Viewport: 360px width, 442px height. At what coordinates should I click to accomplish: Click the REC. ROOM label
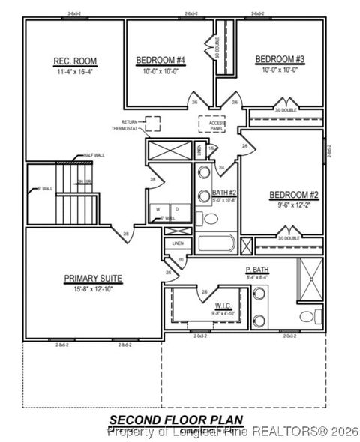click(x=74, y=61)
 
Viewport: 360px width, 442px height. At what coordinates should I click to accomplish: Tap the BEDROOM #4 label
click(x=160, y=60)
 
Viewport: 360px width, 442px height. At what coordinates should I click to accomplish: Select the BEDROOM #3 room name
click(x=279, y=59)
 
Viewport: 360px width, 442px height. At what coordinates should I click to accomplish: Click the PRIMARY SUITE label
click(x=93, y=278)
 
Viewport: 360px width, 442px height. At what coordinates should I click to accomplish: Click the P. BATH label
click(x=256, y=270)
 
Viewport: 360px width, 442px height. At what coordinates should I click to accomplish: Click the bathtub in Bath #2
click(x=217, y=244)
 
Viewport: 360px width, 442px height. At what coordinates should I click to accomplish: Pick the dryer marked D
click(x=176, y=209)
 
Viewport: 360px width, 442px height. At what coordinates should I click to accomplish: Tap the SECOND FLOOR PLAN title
click(x=176, y=419)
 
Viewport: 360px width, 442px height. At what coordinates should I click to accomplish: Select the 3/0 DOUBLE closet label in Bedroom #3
click(x=286, y=109)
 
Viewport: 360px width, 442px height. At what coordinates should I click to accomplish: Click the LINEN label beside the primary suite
click(x=178, y=243)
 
